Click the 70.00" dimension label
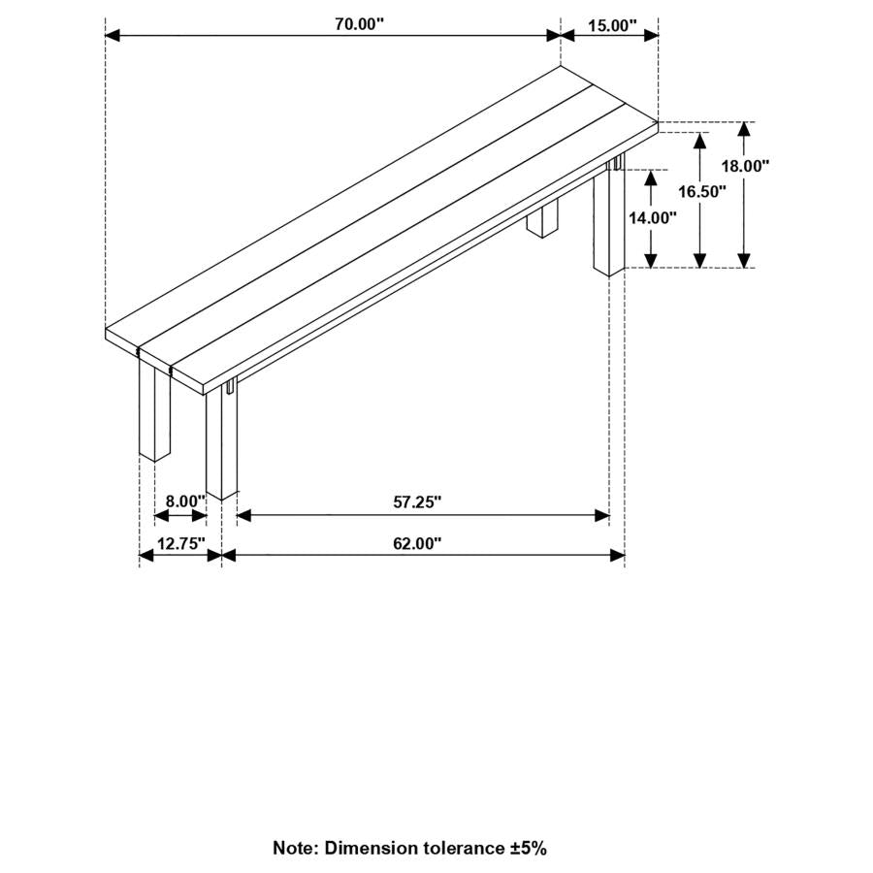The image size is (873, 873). pyautogui.click(x=359, y=25)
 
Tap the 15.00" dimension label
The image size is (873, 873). pyautogui.click(x=610, y=25)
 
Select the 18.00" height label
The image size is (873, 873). pyautogui.click(x=744, y=166)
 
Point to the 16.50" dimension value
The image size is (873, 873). pyautogui.click(x=701, y=191)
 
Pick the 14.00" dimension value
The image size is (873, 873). pyautogui.click(x=652, y=218)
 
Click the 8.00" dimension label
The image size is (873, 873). pyautogui.click(x=184, y=501)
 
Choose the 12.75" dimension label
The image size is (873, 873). pyautogui.click(x=181, y=543)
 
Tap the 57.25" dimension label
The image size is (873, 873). pyautogui.click(x=417, y=501)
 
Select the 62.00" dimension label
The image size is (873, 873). pyautogui.click(x=417, y=543)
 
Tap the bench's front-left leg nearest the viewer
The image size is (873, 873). pyautogui.click(x=222, y=441)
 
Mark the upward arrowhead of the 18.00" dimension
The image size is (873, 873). pyautogui.click(x=744, y=129)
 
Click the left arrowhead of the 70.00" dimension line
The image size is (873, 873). pyautogui.click(x=112, y=36)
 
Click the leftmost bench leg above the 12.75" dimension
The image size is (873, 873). pyautogui.click(x=154, y=407)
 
